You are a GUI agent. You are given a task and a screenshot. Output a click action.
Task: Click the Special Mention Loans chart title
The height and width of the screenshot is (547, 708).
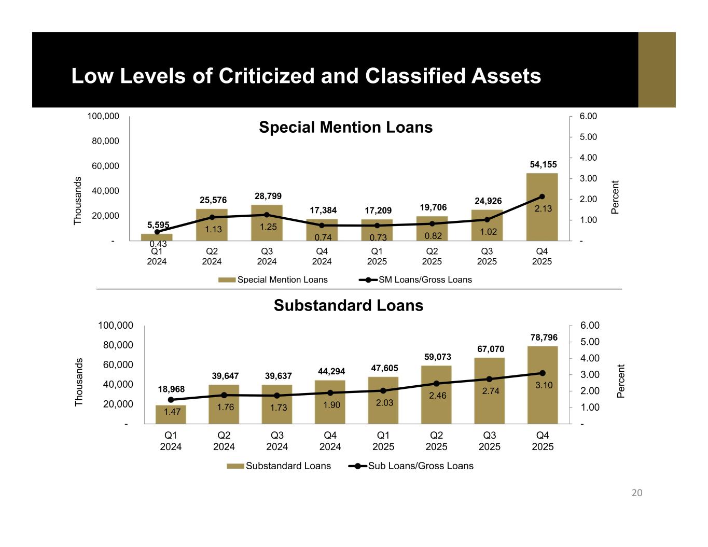click(345, 128)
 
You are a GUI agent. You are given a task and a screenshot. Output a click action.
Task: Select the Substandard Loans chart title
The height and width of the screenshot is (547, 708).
click(349, 306)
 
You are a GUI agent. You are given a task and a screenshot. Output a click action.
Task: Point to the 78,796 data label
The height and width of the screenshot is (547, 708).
click(544, 338)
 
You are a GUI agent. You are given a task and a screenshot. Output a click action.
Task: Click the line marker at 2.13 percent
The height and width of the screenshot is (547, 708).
click(542, 197)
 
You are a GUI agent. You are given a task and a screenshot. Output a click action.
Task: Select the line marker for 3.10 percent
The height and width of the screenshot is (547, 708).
click(543, 373)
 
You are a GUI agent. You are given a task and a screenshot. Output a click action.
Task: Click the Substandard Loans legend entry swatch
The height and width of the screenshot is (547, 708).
click(235, 466)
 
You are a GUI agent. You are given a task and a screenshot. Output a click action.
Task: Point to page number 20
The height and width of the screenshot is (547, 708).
click(637, 493)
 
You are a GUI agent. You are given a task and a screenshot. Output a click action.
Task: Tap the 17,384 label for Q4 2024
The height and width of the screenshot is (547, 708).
click(323, 211)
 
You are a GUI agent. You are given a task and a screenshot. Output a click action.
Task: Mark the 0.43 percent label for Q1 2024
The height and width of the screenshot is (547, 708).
click(158, 244)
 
